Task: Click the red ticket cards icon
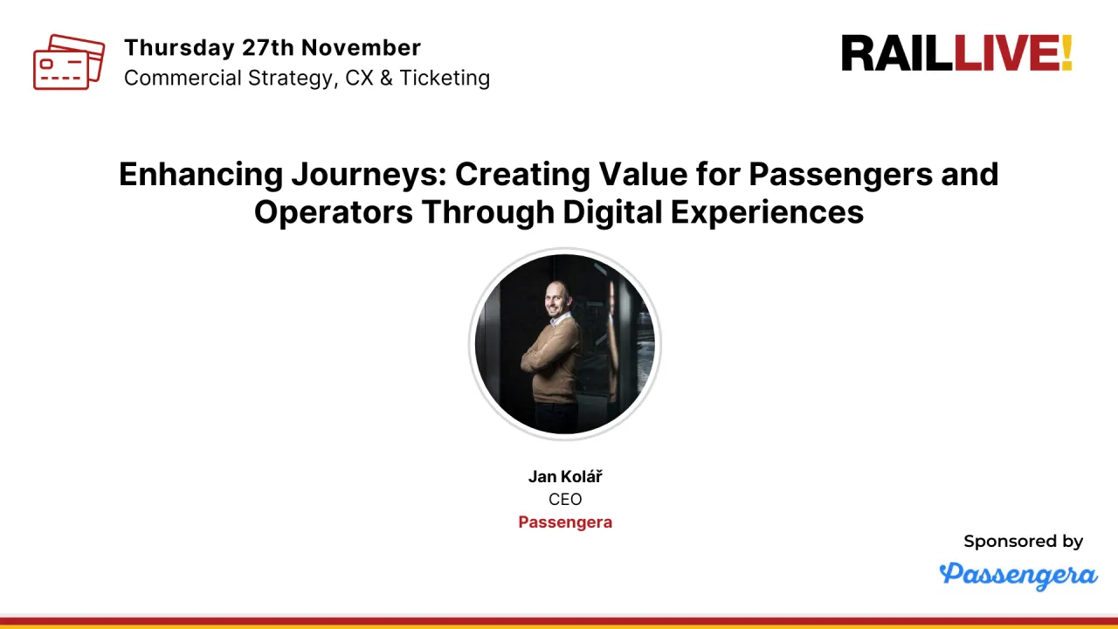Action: [x=69, y=62]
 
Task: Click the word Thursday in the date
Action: [x=180, y=48]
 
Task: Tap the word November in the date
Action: [x=361, y=48]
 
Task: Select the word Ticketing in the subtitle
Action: [x=445, y=79]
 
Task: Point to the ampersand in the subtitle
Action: [x=386, y=79]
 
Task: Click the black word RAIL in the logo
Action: [x=897, y=53]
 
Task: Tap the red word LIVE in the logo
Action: [x=1007, y=53]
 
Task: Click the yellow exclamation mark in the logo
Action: [x=1067, y=53]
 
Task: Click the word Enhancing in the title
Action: [x=201, y=175]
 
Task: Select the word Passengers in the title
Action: [x=840, y=175]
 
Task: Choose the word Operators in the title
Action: [x=334, y=212]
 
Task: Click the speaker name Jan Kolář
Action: [x=565, y=477]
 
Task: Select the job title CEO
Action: [x=565, y=499]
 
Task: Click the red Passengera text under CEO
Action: [x=565, y=522]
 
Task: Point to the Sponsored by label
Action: [x=1023, y=542]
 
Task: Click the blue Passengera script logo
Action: [x=1018, y=576]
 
